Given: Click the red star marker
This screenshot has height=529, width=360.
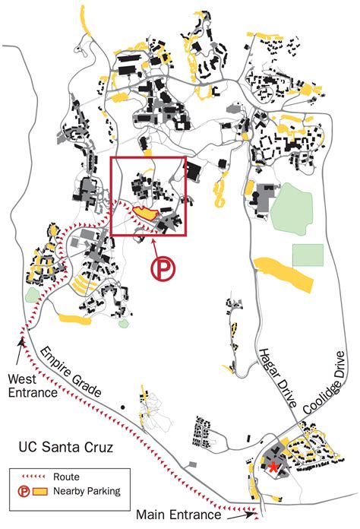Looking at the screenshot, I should click(x=273, y=467).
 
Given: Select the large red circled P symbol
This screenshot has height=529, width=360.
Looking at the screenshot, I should click(x=163, y=269).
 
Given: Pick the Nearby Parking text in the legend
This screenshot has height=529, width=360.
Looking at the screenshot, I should click(x=91, y=492).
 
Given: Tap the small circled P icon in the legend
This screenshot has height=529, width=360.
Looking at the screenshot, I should click(x=24, y=492).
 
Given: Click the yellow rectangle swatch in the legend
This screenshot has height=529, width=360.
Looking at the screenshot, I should click(x=44, y=492).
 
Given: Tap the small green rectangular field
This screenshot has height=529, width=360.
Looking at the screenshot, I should click(x=308, y=255).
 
